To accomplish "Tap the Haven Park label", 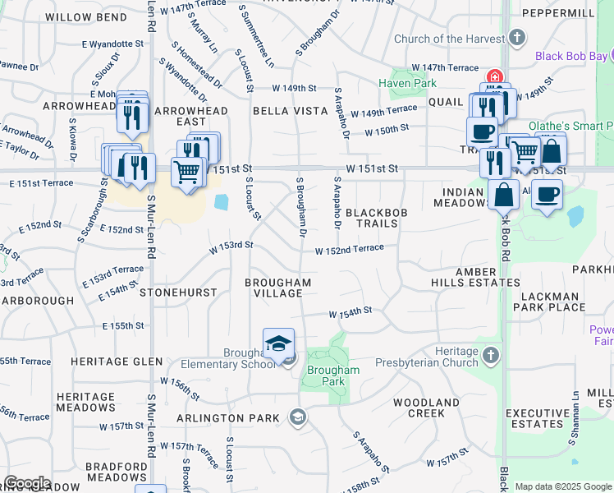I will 396,83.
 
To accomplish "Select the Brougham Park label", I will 333,376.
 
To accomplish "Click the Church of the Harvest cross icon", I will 517,37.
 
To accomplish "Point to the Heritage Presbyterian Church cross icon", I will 491,355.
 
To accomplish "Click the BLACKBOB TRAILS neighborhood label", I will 377,218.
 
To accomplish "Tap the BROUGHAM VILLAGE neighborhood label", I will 278,288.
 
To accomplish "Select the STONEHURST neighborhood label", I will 178,292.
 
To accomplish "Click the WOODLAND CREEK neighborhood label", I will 426,408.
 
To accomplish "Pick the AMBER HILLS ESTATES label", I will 475,277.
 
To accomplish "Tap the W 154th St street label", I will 351,312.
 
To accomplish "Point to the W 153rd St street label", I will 231,245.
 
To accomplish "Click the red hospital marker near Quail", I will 494,76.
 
